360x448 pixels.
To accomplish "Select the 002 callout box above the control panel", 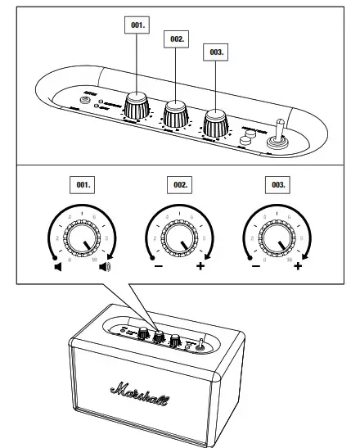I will point(177,38).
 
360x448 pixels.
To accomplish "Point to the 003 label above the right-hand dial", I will point(276,186).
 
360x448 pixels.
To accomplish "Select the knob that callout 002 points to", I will point(175,113).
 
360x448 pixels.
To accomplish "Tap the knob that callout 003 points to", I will point(216,124).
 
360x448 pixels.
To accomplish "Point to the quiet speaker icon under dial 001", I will point(58,265).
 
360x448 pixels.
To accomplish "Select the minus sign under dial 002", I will point(154,265).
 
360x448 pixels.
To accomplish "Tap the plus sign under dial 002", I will point(200,265).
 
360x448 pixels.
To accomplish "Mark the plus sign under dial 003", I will point(298,265).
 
